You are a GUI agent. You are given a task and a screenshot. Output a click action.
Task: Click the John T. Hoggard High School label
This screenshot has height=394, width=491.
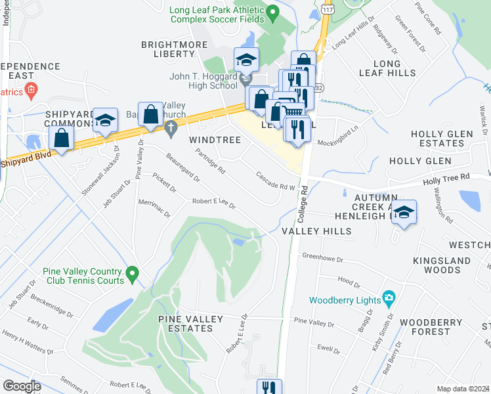pos(203,81)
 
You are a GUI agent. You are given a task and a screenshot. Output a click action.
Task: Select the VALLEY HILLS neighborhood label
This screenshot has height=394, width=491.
pos(316,231)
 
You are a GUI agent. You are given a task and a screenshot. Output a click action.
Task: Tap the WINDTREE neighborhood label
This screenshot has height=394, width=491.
pos(215,140)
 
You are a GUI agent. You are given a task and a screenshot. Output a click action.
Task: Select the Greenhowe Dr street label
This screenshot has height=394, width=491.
pos(323,257)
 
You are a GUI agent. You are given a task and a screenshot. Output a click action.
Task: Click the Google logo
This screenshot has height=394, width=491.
pos(22,386)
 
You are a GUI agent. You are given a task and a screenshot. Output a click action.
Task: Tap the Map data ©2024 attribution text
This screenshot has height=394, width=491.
pos(463,389)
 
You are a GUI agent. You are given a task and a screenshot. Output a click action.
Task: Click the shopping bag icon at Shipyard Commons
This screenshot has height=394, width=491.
pos(62,139)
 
